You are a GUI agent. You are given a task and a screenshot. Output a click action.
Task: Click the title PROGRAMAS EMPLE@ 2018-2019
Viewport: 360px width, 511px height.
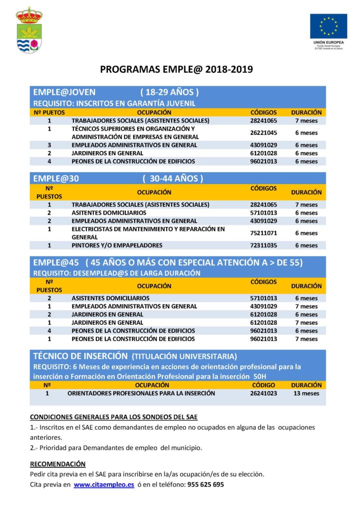(x=177, y=69)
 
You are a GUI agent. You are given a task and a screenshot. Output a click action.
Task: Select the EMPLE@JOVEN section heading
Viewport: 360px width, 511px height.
(x=64, y=92)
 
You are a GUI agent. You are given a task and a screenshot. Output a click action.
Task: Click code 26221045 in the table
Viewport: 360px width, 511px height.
(x=264, y=133)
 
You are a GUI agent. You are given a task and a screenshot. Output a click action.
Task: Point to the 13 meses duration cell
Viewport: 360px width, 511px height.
(x=306, y=393)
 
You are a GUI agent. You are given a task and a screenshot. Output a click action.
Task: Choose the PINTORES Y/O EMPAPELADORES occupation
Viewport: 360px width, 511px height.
(x=117, y=246)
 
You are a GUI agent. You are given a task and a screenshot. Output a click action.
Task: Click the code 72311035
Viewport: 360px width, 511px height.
(x=264, y=246)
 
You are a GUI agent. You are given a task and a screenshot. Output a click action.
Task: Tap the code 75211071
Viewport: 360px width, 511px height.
(x=264, y=233)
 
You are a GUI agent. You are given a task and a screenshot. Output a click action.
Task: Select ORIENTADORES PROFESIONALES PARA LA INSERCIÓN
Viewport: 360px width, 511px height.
(x=141, y=393)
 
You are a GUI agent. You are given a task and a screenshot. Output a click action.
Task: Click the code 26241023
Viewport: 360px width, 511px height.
(x=264, y=393)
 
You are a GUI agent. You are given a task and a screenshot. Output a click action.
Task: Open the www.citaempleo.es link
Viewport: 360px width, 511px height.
(x=104, y=485)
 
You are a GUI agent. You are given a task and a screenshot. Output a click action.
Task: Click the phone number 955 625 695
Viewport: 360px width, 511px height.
(x=205, y=485)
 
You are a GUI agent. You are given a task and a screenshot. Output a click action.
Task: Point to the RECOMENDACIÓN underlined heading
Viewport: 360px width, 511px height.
(x=58, y=464)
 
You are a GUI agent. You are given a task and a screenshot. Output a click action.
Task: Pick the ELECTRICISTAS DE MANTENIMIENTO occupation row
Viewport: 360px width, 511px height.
(x=148, y=233)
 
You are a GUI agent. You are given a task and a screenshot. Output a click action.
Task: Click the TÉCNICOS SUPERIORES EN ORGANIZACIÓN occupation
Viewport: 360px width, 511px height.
(x=133, y=133)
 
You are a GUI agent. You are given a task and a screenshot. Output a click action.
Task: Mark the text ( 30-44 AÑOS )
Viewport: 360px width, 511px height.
(x=172, y=178)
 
